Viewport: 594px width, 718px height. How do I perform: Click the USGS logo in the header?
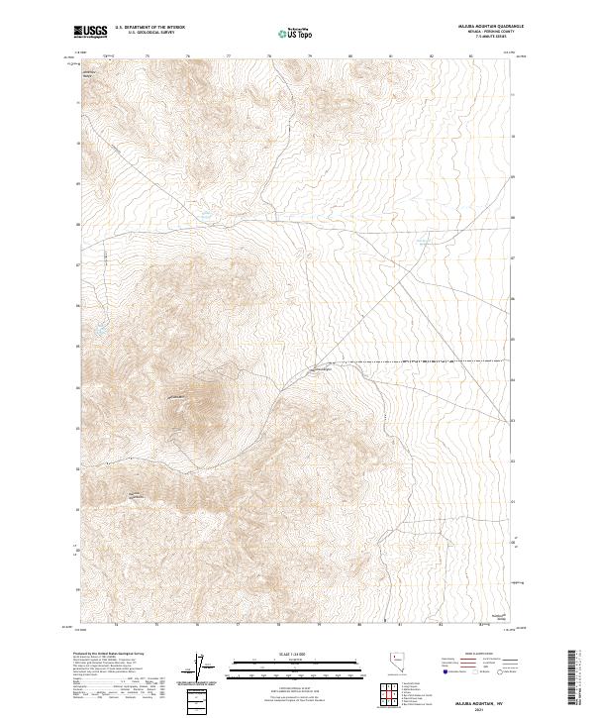pyautogui.click(x=90, y=33)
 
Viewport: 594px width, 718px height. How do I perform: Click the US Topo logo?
pyautogui.click(x=298, y=33)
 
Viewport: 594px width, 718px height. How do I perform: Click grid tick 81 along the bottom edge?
pyautogui.click(x=399, y=626)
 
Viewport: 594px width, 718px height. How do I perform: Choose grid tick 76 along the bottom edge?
pyautogui.click(x=197, y=626)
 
